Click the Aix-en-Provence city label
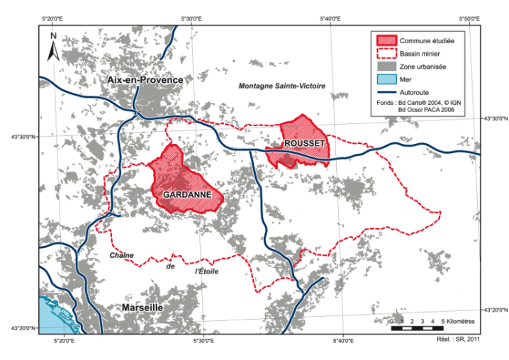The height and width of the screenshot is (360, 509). [145, 81]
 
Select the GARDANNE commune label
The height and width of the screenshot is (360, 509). [184, 193]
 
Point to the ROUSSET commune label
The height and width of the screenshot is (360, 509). [304, 144]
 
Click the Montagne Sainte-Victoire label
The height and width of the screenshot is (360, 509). [282, 86]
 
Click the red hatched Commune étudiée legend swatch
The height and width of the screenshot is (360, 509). [387, 40]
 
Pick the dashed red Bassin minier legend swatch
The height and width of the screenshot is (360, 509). [387, 53]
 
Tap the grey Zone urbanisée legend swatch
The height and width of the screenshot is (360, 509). [387, 66]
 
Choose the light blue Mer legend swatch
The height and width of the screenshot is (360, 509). [387, 79]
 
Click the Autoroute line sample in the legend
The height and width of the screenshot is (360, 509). [387, 91]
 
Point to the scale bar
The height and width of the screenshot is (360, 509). [417, 329]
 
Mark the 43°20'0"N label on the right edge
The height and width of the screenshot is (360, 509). [495, 310]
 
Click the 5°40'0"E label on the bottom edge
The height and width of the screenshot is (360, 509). [343, 342]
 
